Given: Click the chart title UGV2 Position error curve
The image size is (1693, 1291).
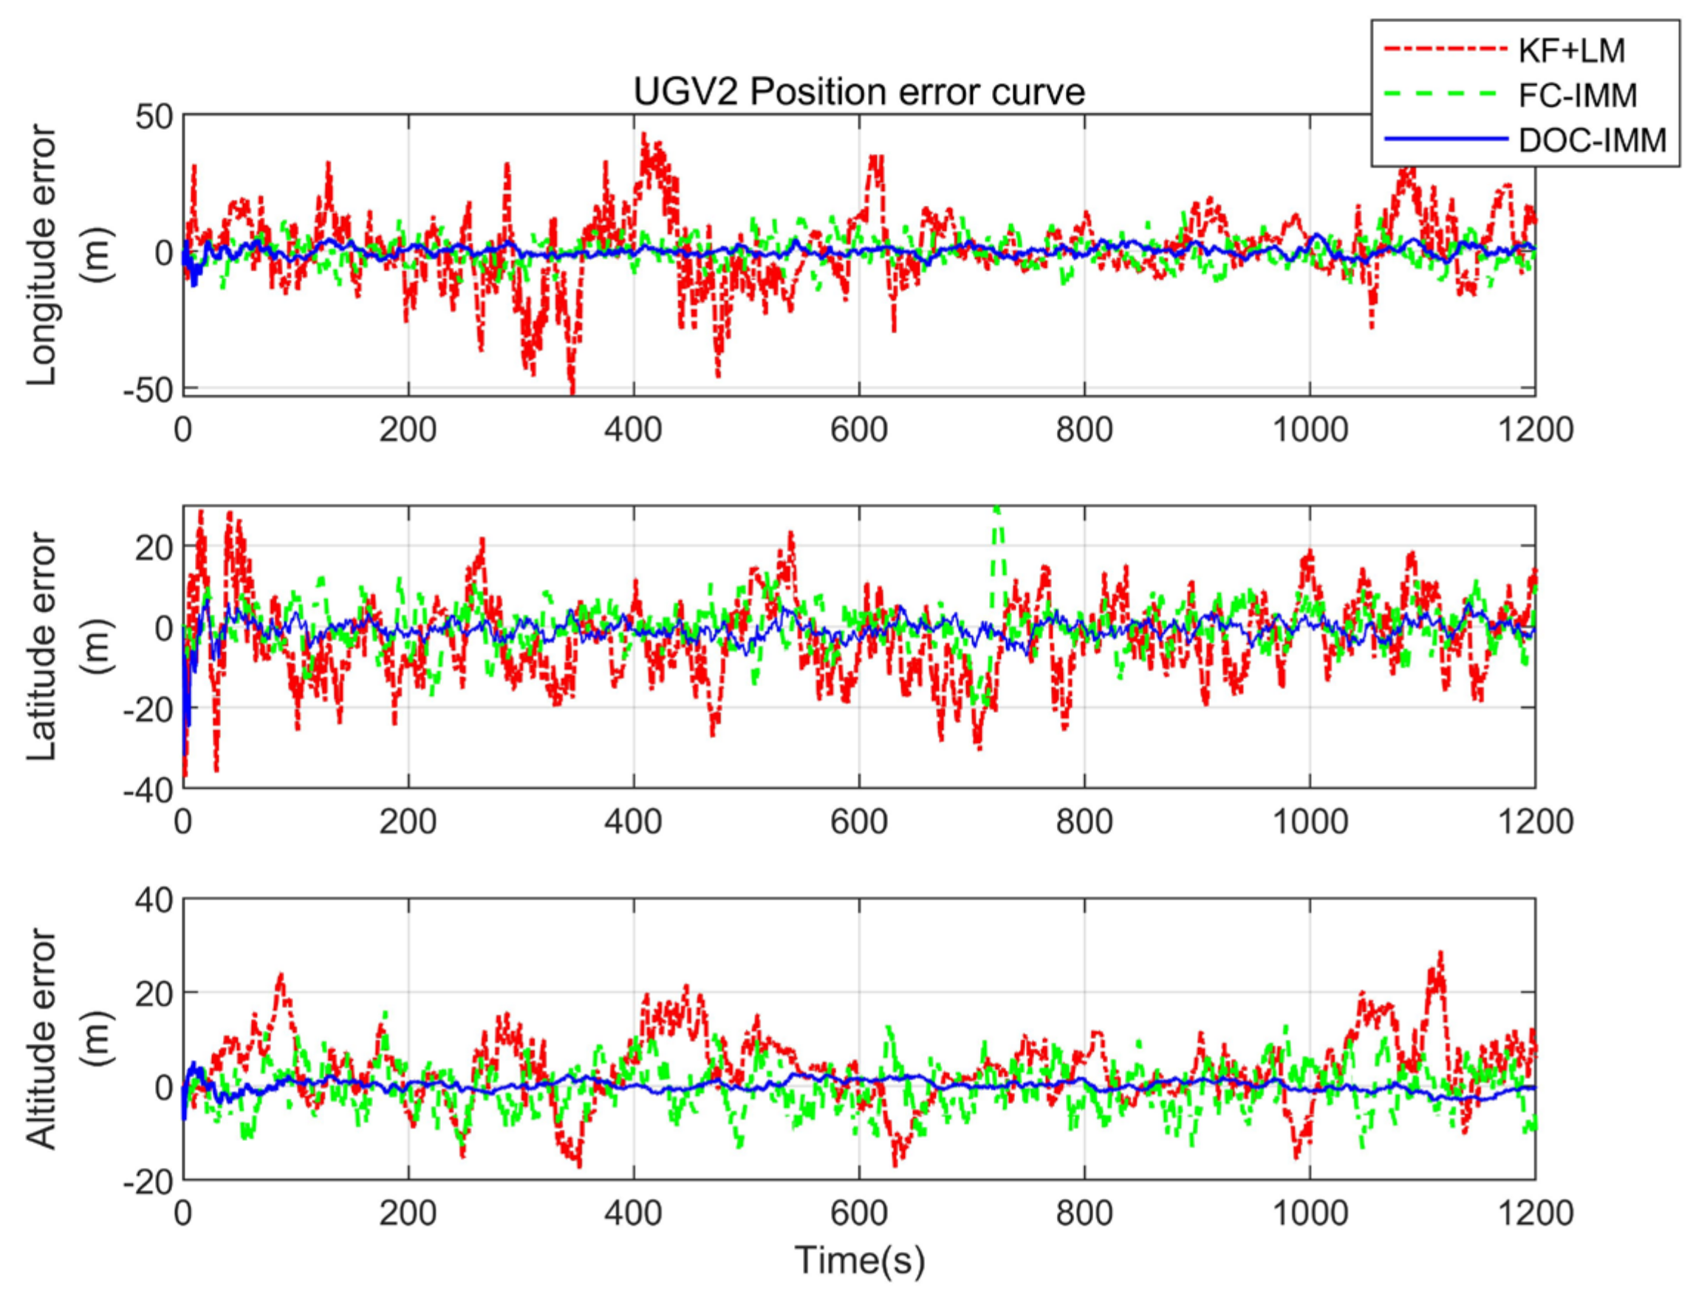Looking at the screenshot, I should click(859, 92).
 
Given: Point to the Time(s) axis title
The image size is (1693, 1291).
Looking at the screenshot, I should click(859, 1260).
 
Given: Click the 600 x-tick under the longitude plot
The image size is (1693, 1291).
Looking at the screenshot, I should click(859, 429).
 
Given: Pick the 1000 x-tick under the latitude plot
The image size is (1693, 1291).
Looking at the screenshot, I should click(1310, 821).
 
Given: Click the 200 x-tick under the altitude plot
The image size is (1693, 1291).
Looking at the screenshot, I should click(408, 1213).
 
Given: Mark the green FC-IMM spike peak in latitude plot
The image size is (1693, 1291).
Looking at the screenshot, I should click(996, 509).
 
